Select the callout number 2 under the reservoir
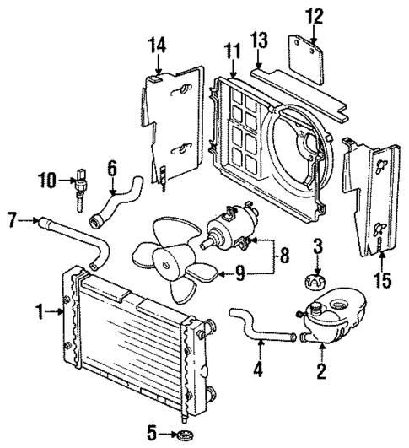[x=321, y=370]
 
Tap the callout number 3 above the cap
[x=317, y=246]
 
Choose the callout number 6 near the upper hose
[x=111, y=169]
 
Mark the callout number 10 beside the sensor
[x=47, y=179]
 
